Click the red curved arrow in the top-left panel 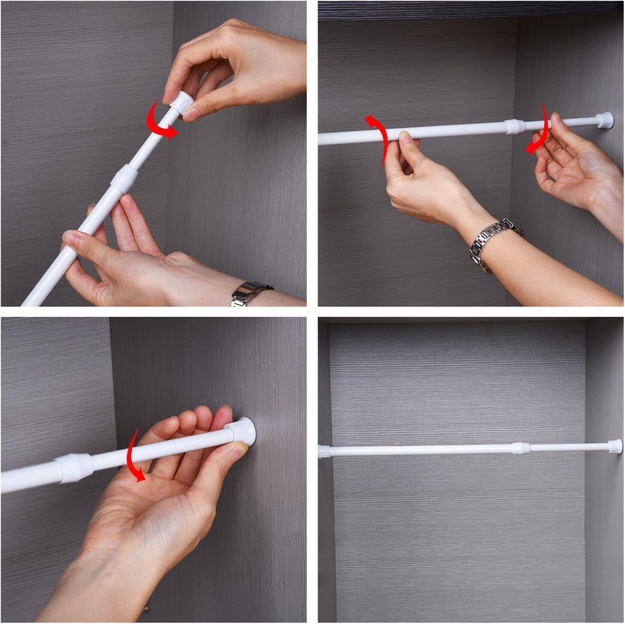pos(160,124)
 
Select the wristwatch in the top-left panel pos(251,293)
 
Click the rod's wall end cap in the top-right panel pos(604,120)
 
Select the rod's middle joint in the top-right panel pos(514,126)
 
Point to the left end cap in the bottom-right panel pos(324,451)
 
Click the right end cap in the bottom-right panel pos(615,446)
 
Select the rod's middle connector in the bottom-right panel pos(520,448)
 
